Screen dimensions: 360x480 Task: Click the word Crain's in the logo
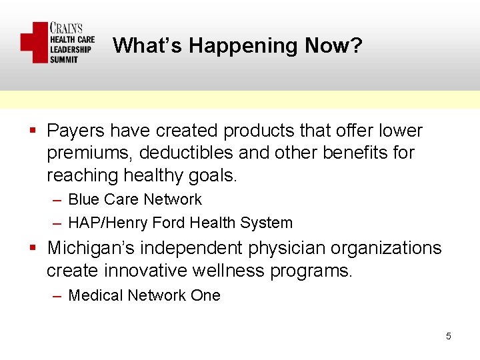(x=67, y=29)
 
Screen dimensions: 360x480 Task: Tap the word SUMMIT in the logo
(x=64, y=59)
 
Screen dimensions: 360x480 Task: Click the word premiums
(x=90, y=153)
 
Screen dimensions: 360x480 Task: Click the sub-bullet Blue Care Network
(x=135, y=199)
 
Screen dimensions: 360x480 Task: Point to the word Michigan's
(x=89, y=248)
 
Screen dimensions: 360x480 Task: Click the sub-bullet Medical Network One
(x=144, y=295)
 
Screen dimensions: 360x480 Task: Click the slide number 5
(x=449, y=336)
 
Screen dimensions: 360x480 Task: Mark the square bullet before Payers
(x=32, y=131)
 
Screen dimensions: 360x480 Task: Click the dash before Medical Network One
(x=57, y=295)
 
